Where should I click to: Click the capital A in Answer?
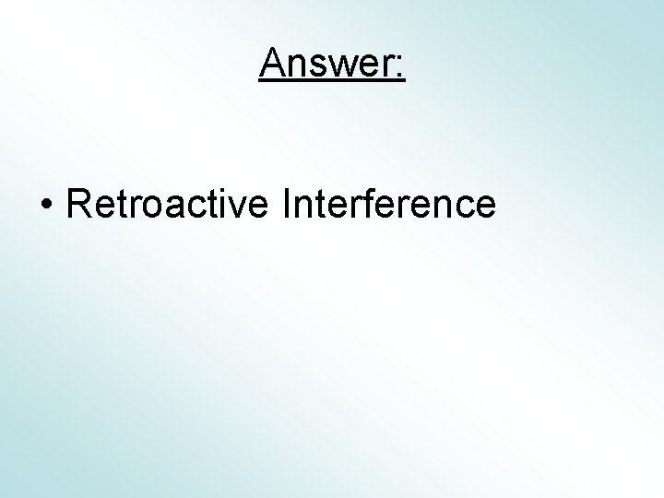[273, 63]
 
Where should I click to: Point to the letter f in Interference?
[351, 203]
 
